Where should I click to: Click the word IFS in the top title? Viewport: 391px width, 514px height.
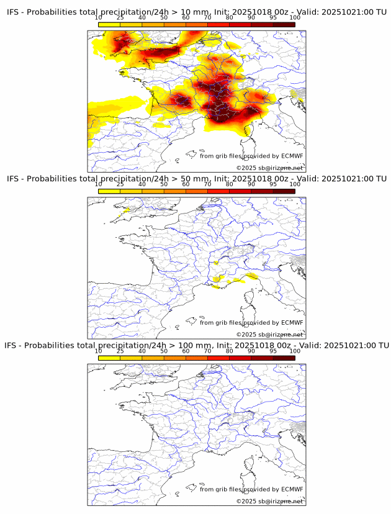14,12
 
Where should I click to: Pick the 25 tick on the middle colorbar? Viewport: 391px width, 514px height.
120,184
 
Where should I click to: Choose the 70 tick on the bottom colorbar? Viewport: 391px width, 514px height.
207,351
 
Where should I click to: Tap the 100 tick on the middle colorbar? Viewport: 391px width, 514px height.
295,184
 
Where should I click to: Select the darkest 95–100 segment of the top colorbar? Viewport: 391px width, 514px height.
284,25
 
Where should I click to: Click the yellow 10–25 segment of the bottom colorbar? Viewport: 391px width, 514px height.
109,358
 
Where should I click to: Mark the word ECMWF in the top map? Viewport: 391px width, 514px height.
292,156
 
